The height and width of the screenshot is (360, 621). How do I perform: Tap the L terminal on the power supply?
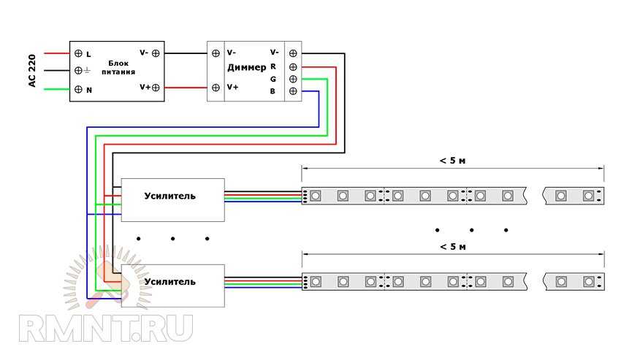tap(78, 53)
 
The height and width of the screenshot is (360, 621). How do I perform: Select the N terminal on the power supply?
tap(78, 89)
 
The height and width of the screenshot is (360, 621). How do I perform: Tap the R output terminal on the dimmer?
tap(293, 66)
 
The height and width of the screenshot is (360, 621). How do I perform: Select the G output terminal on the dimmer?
tap(293, 78)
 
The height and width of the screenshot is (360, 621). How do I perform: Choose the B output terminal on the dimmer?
tap(293, 91)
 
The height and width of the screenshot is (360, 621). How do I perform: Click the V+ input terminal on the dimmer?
tap(216, 88)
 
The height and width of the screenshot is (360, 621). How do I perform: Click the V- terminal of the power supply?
tap(156, 53)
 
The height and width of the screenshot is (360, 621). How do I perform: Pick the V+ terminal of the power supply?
tap(156, 87)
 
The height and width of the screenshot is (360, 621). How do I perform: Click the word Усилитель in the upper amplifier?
tap(170, 196)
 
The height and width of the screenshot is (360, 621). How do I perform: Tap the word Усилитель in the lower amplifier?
tap(170, 281)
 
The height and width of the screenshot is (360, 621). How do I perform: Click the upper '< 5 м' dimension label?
tap(453, 161)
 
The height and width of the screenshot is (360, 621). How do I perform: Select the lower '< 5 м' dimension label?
tap(453, 247)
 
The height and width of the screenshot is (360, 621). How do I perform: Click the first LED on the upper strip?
tap(315, 196)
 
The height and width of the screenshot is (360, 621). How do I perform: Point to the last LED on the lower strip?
tap(588, 281)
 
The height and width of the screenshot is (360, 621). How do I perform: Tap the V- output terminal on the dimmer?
tap(293, 53)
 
